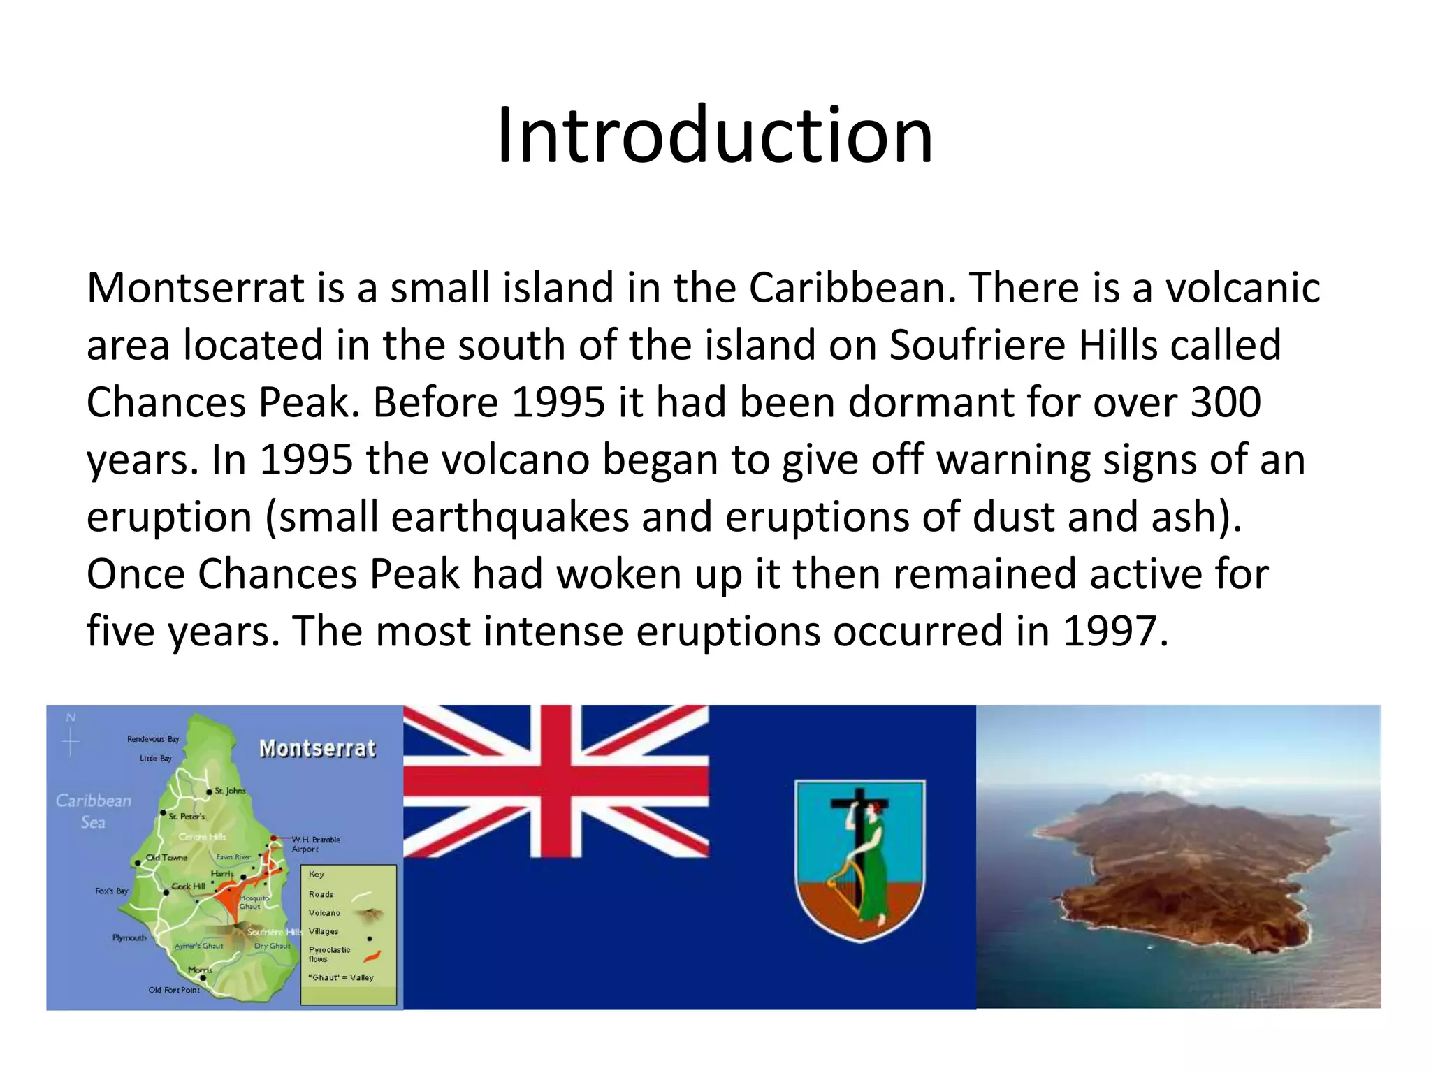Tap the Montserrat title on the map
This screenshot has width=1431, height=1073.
[x=317, y=749]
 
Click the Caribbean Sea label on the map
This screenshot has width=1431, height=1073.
[x=93, y=811]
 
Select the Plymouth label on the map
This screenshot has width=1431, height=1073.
[x=129, y=937]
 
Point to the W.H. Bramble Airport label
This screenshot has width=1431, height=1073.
[x=315, y=844]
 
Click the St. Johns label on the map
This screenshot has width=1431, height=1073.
[x=230, y=791]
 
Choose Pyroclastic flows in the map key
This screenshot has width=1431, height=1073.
[x=329, y=954]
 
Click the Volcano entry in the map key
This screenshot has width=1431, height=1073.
[x=324, y=912]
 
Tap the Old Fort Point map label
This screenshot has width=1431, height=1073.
[x=174, y=990]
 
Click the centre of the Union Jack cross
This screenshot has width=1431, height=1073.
[x=556, y=780]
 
